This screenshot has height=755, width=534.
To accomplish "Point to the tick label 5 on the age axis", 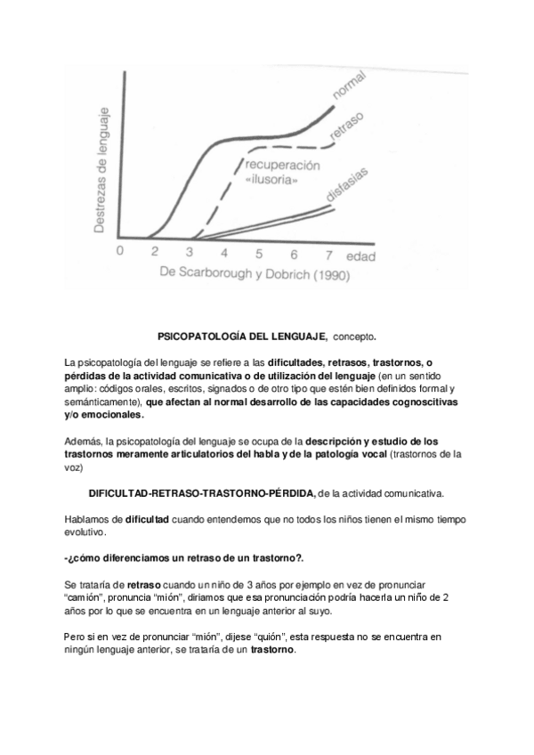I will (x=258, y=253).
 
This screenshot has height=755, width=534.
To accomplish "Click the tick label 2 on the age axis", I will (x=154, y=253).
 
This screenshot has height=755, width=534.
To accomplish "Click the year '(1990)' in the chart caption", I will (x=329, y=275).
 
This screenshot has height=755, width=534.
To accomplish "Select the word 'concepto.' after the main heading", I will (x=354, y=337).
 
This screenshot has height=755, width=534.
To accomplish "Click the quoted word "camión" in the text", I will (x=85, y=596).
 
